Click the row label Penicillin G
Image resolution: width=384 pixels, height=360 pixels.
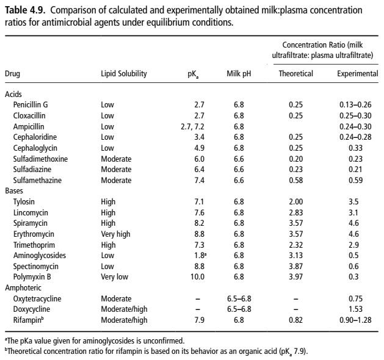pyautogui.click(x=31, y=105)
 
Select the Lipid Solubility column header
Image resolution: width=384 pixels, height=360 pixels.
pyautogui.click(x=124, y=74)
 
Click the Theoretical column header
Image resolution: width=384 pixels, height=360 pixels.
pyautogui.click(x=296, y=74)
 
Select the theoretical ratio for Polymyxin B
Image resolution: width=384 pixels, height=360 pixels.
pyautogui.click(x=296, y=276)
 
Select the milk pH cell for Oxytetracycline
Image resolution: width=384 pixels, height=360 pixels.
pyautogui.click(x=238, y=298)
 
